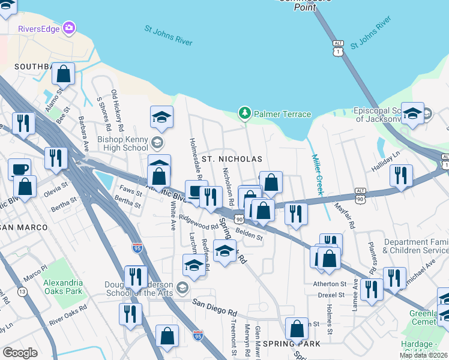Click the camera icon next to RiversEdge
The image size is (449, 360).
pos(70,28)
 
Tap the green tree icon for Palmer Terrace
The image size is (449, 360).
pos(244,113)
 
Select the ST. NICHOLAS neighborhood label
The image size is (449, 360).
pos(232,159)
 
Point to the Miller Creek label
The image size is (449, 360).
pos(317,174)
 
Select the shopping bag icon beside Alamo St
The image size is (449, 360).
pos(63,74)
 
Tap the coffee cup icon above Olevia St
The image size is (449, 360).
pos(19,169)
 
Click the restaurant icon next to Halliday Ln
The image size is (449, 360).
pos(400,175)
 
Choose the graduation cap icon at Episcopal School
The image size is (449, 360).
pos(412,114)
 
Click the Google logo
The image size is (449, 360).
pos(20,352)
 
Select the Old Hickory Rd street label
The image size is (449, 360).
pos(117,111)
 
